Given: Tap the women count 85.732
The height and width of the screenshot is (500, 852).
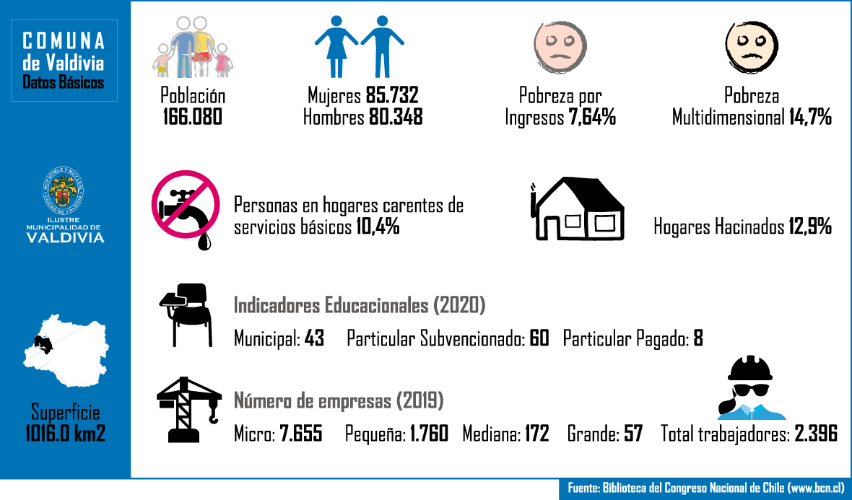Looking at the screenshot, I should click(392, 96).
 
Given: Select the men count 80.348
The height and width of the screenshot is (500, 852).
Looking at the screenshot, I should click(395, 117).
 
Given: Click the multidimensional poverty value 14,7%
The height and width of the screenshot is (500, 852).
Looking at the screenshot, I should click(809, 117).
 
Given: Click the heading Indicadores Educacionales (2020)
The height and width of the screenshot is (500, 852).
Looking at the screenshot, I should click(359, 305).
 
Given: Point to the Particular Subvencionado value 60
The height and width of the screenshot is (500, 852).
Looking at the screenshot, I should click(539, 338).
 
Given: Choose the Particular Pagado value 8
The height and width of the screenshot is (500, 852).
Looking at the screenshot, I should click(698, 338).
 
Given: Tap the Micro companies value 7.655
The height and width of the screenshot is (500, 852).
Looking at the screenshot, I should click(300, 434).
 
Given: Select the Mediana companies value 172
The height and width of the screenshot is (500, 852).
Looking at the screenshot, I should click(536, 434).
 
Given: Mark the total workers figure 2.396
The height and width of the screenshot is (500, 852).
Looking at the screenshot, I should click(816, 434).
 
